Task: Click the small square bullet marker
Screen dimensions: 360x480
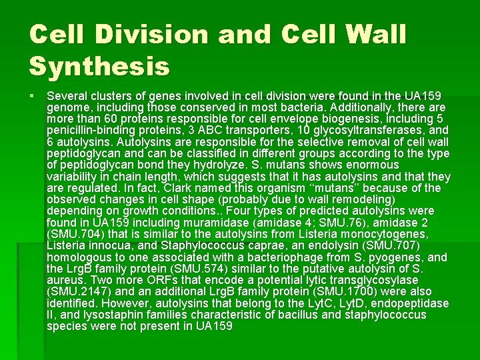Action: pos(33,97)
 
